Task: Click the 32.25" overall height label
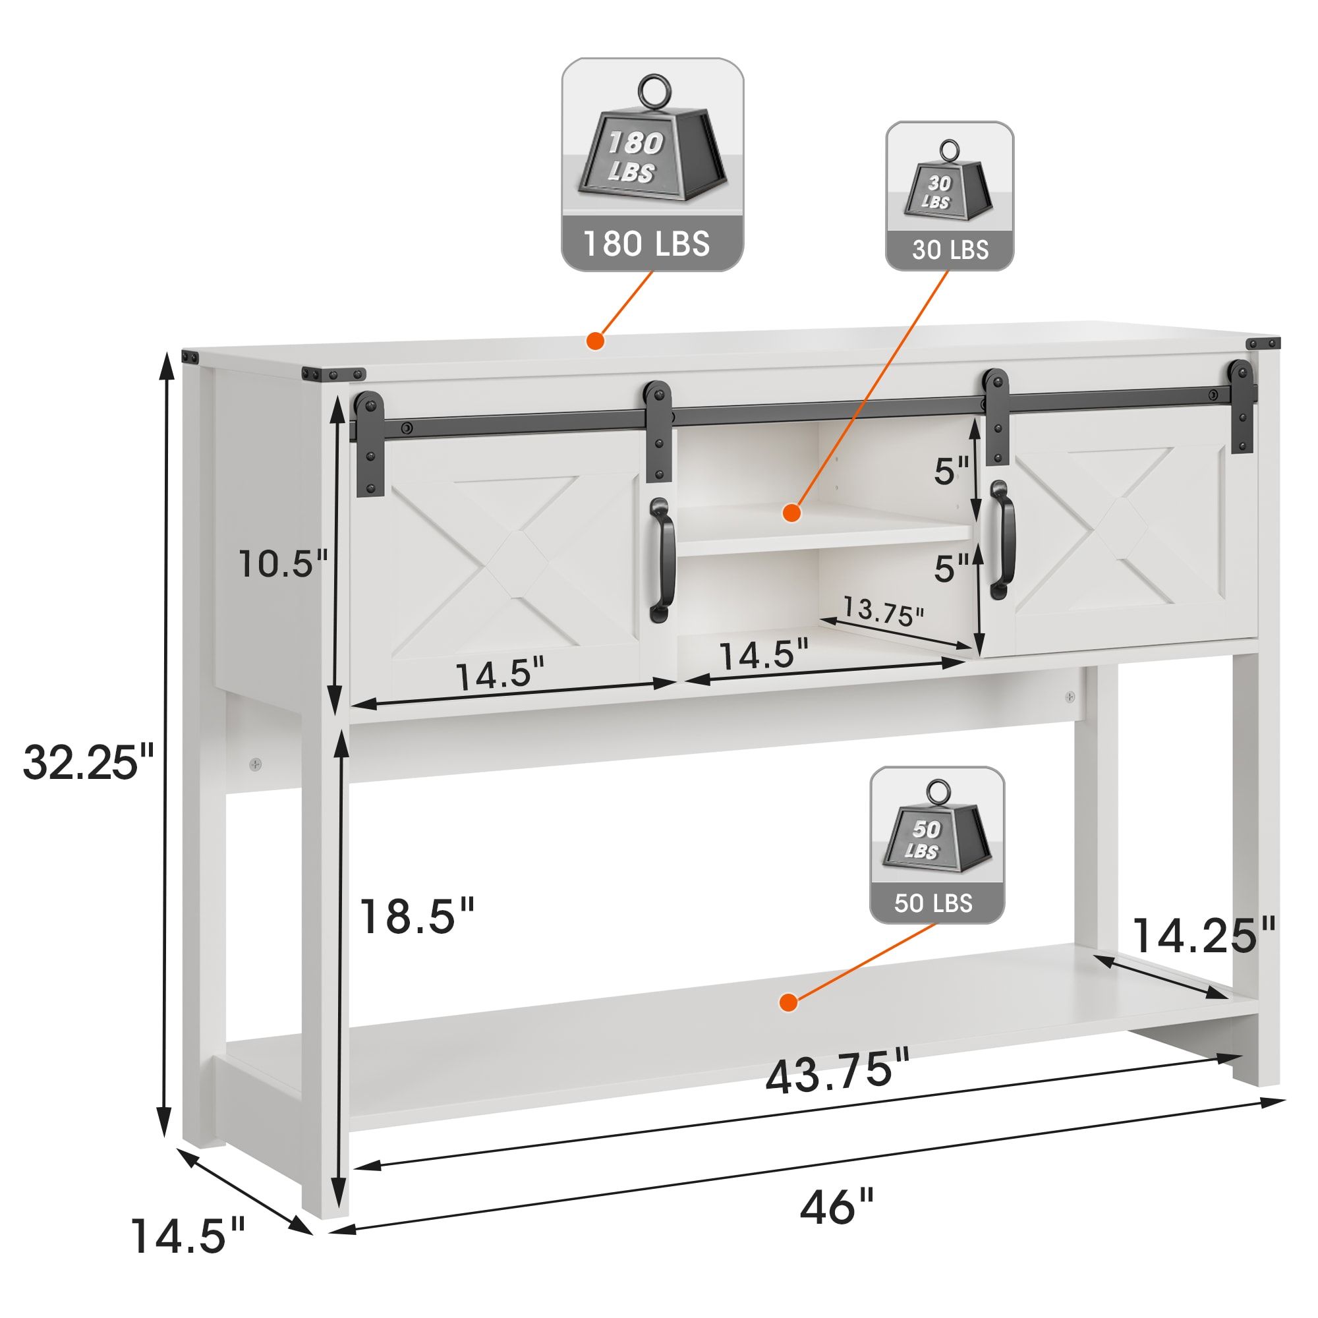tap(90, 762)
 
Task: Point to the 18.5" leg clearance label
tap(416, 915)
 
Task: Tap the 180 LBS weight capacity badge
tap(652, 164)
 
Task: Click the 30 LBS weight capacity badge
tap(950, 196)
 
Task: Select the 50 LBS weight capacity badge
tap(936, 845)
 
